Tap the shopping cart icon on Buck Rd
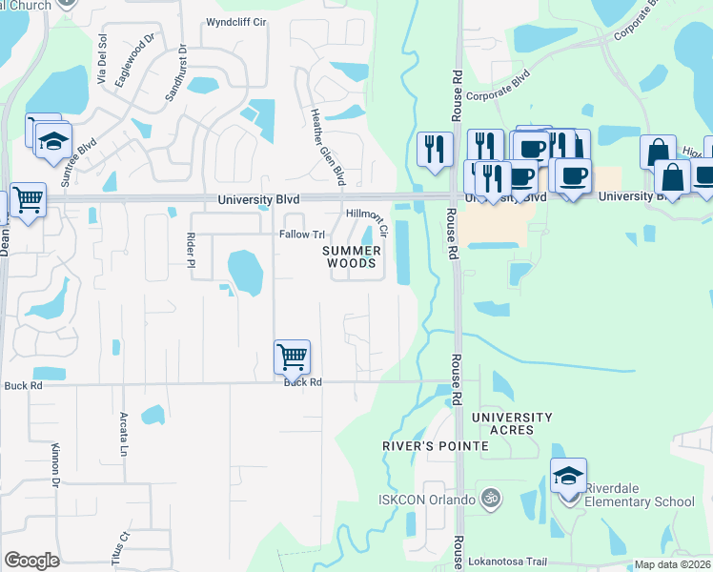tap(292, 357)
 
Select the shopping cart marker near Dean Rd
tap(28, 200)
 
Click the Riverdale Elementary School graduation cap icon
tap(568, 475)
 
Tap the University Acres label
tap(512, 423)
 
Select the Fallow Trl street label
tap(302, 235)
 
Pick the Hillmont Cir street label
tap(368, 222)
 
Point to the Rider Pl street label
tap(192, 249)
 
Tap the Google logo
tap(32, 561)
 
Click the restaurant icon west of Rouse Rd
tap(434, 149)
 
